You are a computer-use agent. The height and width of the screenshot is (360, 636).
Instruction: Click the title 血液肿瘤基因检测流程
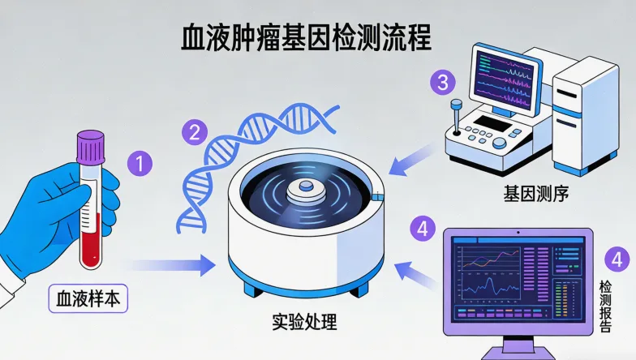point(306,37)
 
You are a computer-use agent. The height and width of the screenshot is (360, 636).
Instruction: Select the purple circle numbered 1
point(140,164)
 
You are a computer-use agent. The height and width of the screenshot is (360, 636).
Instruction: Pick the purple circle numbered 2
point(195,132)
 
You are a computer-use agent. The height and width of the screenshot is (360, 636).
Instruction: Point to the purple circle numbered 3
point(443,83)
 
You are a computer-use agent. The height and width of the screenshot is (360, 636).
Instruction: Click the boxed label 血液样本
point(88,298)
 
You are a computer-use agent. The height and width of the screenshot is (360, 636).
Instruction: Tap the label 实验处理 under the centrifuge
point(304,323)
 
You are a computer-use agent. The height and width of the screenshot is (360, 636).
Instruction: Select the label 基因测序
point(535,194)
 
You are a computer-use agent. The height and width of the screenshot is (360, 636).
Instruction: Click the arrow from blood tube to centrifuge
point(170,266)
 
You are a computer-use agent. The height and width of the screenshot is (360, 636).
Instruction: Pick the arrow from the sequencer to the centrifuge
point(414,161)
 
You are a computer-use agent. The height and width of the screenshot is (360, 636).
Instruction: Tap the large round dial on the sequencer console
point(499,143)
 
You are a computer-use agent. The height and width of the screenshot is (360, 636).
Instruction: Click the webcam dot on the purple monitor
point(518,233)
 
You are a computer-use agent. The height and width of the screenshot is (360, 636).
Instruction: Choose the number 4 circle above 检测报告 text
point(617,259)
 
